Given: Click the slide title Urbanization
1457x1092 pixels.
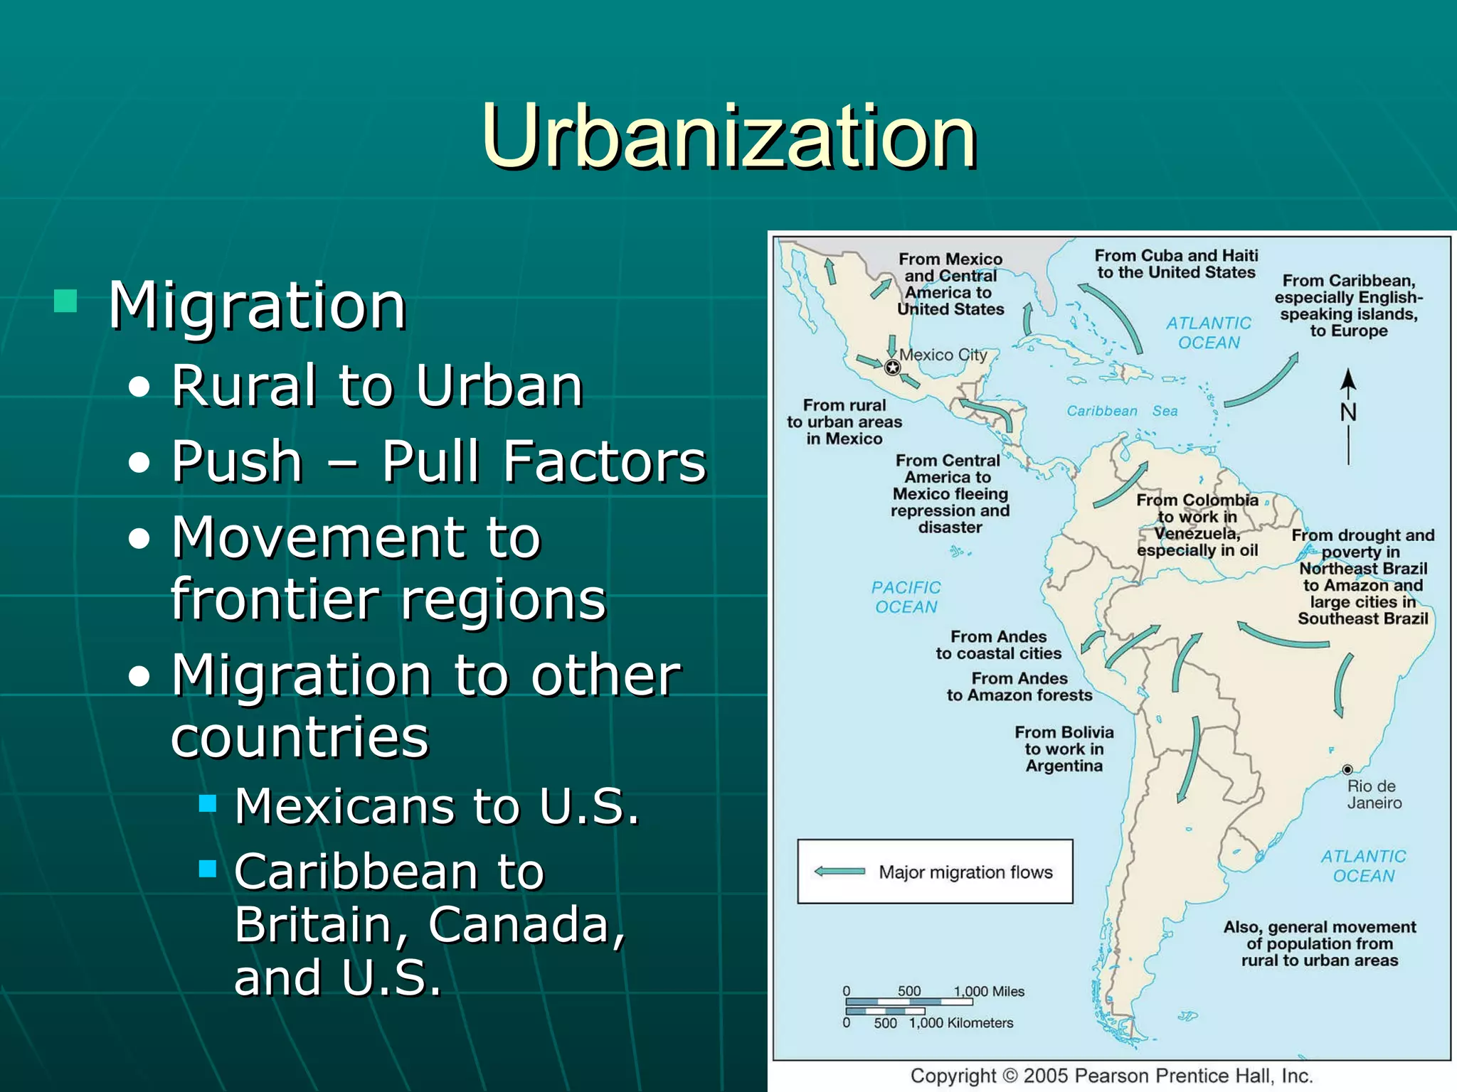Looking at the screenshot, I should (728, 136).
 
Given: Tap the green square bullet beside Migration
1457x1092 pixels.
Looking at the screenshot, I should (65, 301).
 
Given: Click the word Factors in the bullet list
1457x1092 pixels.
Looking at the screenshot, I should (544, 461).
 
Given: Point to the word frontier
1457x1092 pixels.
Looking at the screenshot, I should (274, 599).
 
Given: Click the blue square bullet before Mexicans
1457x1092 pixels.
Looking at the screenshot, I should (208, 803).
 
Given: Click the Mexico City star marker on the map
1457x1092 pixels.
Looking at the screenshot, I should (892, 368).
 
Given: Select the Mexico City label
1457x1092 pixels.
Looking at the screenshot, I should (943, 354).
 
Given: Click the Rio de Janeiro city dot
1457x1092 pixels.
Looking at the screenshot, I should (1347, 770).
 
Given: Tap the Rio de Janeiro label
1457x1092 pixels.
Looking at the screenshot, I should (1374, 795).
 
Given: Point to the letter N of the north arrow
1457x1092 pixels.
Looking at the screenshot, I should (1348, 412).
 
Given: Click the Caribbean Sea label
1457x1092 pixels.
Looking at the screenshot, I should (1122, 411).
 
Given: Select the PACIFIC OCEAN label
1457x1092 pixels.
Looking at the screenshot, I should (906, 597).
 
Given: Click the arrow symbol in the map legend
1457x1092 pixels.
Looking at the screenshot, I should (839, 872).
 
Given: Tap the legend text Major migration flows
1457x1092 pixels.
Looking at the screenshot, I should (965, 872).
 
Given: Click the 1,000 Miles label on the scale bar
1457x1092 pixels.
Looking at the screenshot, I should (989, 991).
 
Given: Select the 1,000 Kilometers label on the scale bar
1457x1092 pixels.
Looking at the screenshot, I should (960, 1023).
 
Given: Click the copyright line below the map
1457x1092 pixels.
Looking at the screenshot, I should (1111, 1076).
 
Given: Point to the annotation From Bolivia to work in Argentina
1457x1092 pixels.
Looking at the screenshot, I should (1064, 749).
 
